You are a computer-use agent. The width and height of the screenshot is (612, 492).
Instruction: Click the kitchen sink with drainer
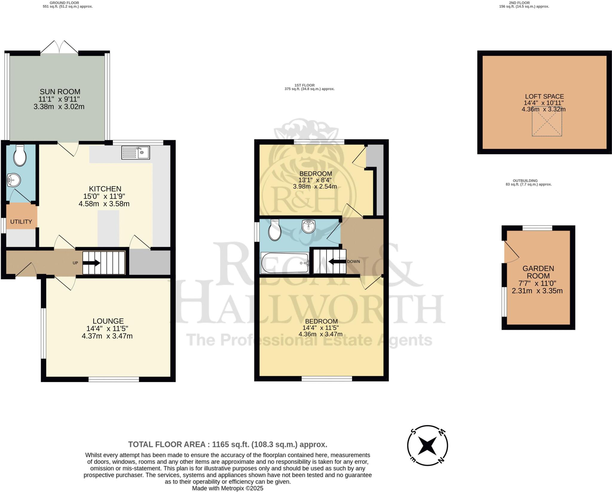pyautogui.click(x=135, y=153)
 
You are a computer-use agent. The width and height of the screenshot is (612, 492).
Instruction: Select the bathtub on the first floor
pyautogui.click(x=285, y=263)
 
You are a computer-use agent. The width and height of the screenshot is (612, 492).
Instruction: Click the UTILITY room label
pyautogui.click(x=21, y=222)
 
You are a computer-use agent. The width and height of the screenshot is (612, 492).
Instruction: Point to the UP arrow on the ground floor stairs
pyautogui.click(x=91, y=263)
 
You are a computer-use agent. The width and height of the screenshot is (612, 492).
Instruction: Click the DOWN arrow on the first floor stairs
pyautogui.click(x=337, y=262)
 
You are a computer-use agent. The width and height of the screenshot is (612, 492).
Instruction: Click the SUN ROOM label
pyautogui.click(x=60, y=92)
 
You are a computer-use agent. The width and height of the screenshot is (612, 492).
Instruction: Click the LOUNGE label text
pyautogui.click(x=108, y=321)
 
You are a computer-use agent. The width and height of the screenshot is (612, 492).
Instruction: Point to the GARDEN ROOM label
pyautogui.click(x=538, y=272)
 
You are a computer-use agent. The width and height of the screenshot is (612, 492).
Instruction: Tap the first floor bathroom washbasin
pyautogui.click(x=308, y=226)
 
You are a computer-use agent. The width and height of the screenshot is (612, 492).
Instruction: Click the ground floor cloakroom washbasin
pyautogui.click(x=14, y=180)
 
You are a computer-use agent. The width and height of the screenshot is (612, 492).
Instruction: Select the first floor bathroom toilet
pyautogui.click(x=275, y=230)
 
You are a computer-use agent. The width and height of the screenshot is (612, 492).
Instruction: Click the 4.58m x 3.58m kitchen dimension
pyautogui.click(x=104, y=204)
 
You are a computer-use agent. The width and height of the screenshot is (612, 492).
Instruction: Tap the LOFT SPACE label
pyautogui.click(x=544, y=96)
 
